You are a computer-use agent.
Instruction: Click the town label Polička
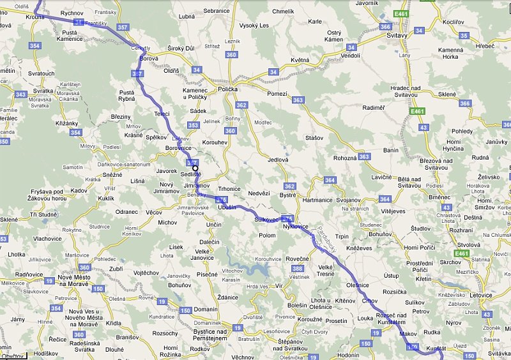point(228,90)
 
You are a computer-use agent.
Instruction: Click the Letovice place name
point(480,295)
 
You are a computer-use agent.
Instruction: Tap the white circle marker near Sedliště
point(196,168)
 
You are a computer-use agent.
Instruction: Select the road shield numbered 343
point(20,94)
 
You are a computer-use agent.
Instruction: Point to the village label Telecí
point(162,114)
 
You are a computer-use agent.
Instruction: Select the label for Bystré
point(287,195)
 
